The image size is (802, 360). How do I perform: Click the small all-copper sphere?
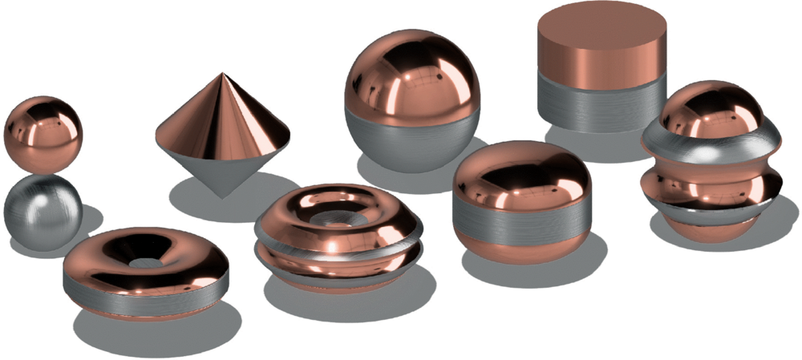tap(43, 132)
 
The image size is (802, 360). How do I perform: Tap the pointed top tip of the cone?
tap(221, 75)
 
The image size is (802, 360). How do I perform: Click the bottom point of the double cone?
tap(223, 196)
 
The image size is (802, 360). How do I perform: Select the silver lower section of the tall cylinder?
tap(600, 104)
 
